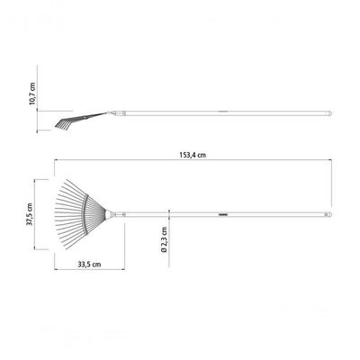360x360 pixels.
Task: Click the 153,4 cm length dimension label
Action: pyautogui.click(x=193, y=155)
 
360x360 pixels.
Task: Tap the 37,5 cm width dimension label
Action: pyautogui.click(x=30, y=214)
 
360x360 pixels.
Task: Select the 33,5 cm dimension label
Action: pyautogui.click(x=89, y=265)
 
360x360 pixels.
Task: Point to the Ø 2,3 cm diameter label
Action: pyautogui.click(x=164, y=239)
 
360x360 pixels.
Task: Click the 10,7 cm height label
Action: pyautogui.click(x=32, y=94)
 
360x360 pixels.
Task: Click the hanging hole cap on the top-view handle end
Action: pyautogui.click(x=328, y=215)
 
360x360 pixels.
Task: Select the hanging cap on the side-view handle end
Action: pyautogui.click(x=328, y=113)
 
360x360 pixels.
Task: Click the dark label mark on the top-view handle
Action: pyautogui.click(x=223, y=214)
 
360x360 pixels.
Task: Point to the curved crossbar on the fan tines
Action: pyautogui.click(x=85, y=214)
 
